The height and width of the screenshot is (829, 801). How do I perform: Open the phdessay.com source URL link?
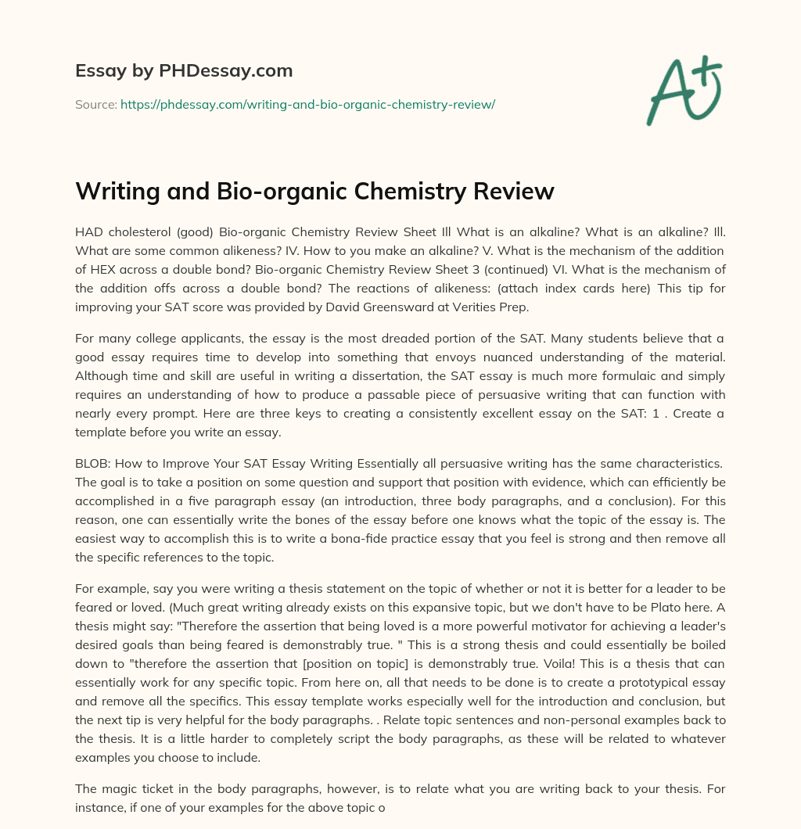pyautogui.click(x=307, y=104)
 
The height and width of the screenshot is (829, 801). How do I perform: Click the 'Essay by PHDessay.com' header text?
pyautogui.click(x=184, y=71)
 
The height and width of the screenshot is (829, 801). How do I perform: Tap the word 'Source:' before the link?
pyautogui.click(x=95, y=104)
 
